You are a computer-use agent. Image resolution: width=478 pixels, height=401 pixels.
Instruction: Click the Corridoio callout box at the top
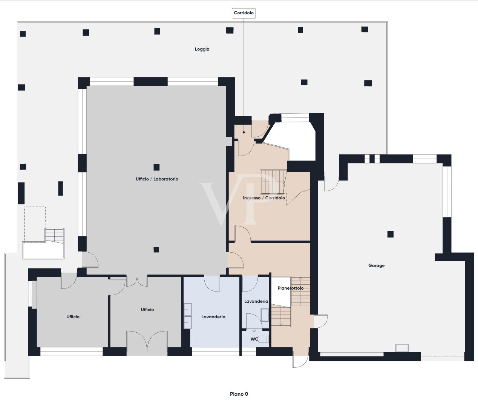244,13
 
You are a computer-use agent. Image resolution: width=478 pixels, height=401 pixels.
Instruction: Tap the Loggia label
202,49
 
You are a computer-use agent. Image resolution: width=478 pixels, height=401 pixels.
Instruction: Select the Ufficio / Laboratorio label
157,179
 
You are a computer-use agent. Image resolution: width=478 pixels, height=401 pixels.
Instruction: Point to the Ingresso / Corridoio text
264,198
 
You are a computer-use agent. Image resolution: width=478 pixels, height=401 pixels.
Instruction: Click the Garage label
376,265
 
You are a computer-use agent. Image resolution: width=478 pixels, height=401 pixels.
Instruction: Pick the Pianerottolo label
290,288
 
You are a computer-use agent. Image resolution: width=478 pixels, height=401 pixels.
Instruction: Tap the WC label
254,339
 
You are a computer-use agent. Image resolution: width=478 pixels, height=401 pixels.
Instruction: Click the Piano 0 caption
239,394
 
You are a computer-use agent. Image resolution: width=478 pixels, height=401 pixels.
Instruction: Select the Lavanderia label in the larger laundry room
213,317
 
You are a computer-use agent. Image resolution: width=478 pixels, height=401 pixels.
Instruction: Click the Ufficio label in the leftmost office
73,317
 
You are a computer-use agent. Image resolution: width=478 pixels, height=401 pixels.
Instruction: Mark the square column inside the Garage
391,234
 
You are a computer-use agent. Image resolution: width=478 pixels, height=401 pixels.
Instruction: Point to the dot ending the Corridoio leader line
244,132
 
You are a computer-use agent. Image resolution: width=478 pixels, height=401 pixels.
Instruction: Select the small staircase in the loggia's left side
55,236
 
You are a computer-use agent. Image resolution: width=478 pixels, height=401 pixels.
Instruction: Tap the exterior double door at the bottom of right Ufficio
147,342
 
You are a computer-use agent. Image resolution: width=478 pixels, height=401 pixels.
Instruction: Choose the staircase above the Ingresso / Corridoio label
273,182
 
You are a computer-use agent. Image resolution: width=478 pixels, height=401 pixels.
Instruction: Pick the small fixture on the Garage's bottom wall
402,348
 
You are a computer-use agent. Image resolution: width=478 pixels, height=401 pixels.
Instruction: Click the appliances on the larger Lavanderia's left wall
187,316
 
